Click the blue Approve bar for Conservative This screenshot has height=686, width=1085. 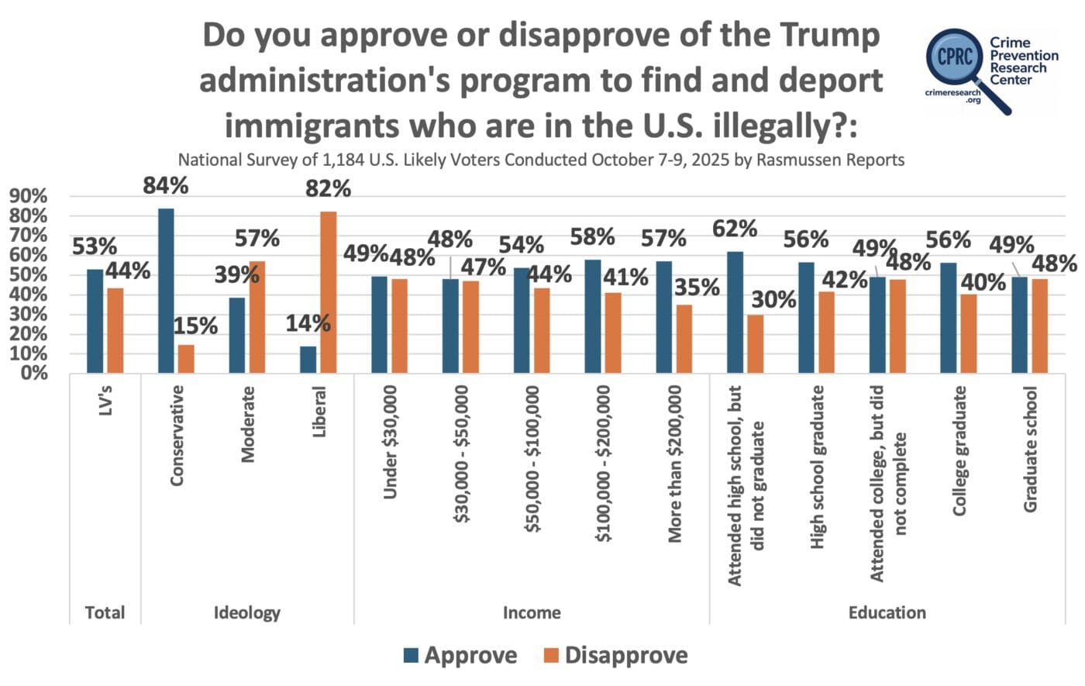point(166,291)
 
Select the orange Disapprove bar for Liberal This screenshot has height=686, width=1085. point(329,292)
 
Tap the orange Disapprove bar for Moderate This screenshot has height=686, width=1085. point(257,317)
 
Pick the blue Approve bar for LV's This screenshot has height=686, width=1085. point(95,321)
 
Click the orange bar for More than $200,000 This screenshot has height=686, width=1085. point(684,339)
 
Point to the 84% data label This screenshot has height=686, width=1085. point(167,186)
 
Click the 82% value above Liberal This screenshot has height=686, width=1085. point(329,188)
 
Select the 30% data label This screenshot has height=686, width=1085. point(774,299)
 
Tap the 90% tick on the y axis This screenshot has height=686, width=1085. point(28,196)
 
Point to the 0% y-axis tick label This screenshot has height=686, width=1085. point(34,373)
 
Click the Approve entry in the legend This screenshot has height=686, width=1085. point(460,655)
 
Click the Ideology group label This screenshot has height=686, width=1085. point(246,612)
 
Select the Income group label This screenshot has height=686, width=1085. point(532,612)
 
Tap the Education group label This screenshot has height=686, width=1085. point(887,612)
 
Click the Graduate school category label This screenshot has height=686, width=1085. point(1031,450)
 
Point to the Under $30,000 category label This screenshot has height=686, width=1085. point(391,442)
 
